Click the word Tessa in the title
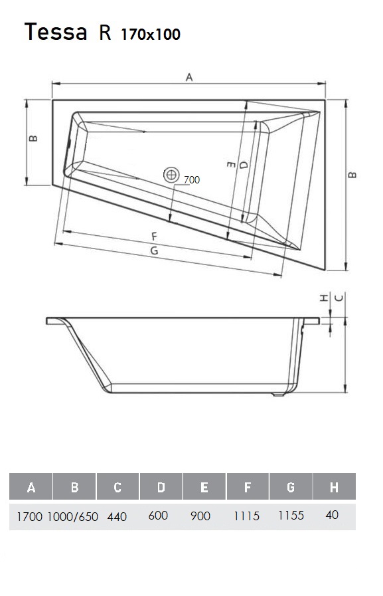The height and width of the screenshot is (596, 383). click(56, 31)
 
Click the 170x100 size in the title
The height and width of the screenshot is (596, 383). click(151, 34)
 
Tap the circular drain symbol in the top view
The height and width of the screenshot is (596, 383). click(172, 175)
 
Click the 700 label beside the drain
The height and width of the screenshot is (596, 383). click(192, 179)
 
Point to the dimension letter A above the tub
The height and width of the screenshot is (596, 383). click(189, 78)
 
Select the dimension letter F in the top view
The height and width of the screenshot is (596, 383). click(153, 236)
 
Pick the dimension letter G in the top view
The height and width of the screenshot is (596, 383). click(155, 250)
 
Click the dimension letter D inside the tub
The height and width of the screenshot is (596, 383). click(244, 164)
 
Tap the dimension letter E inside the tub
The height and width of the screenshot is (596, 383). click(230, 163)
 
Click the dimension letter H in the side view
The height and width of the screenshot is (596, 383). click(323, 298)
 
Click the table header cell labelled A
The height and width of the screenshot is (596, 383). click(31, 488)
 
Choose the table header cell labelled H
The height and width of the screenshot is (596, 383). click(334, 488)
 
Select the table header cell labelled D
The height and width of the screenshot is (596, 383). click(161, 488)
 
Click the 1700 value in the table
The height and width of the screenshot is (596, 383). click(30, 516)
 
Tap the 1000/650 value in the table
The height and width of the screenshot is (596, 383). click(74, 516)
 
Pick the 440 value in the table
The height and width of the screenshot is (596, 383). click(117, 516)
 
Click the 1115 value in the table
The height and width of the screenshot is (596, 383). click(247, 516)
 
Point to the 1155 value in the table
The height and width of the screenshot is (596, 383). click(291, 516)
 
